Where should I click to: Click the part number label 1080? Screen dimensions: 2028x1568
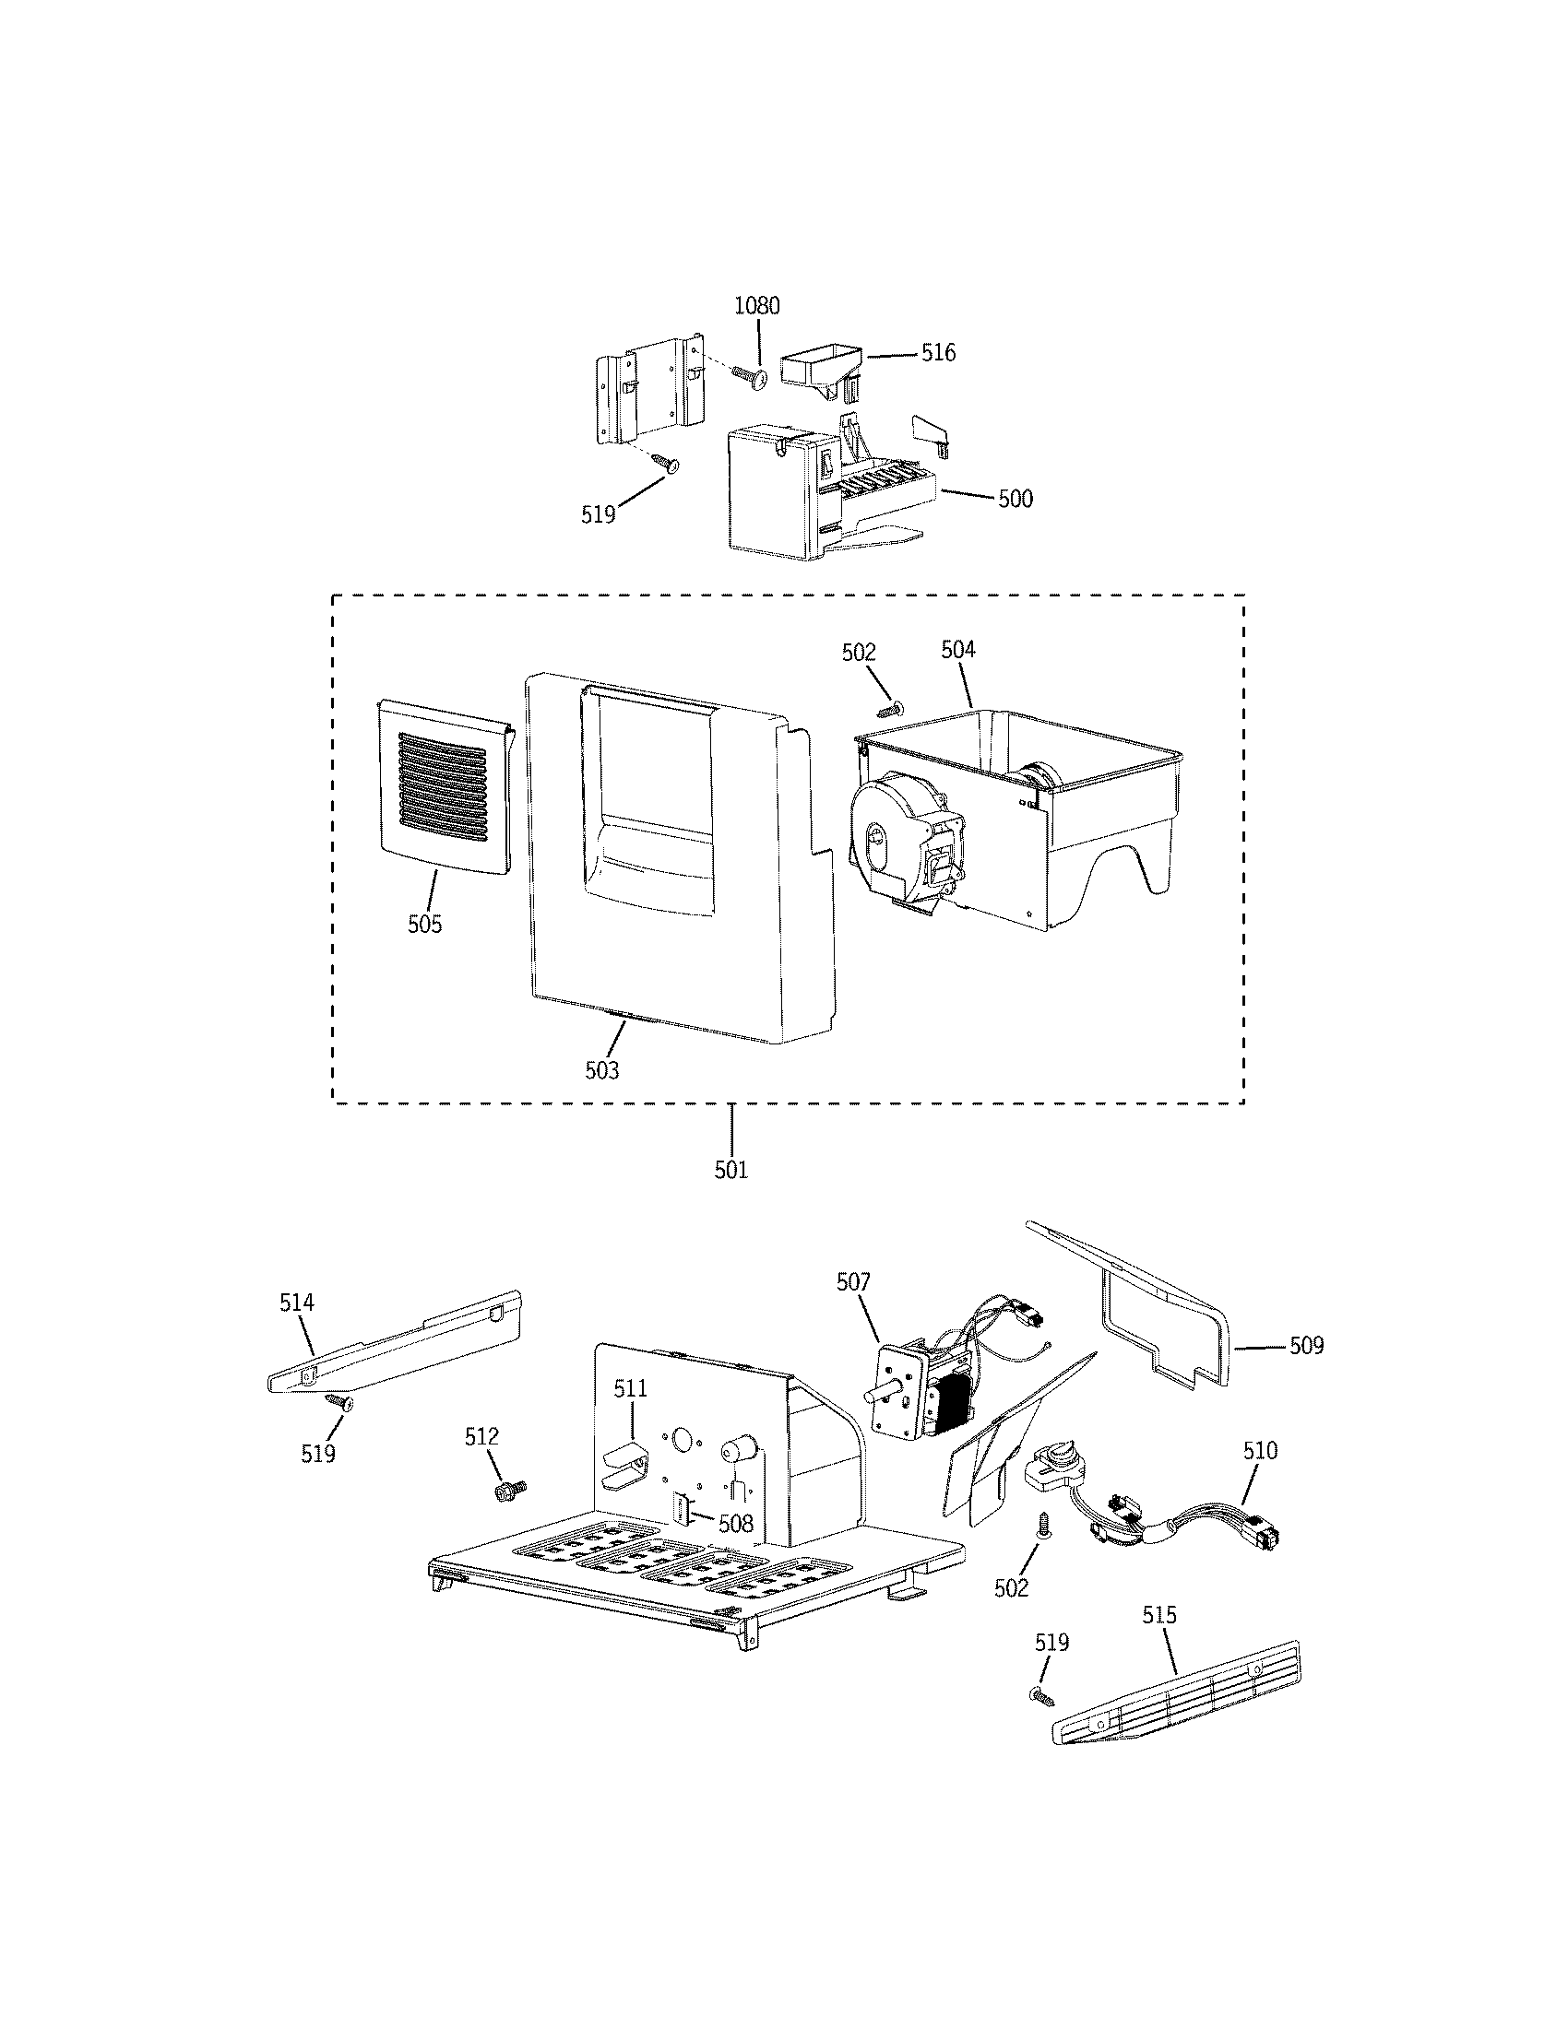757,305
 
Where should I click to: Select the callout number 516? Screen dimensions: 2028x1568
938,353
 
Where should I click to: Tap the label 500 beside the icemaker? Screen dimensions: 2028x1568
1016,499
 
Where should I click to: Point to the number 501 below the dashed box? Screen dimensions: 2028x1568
731,1170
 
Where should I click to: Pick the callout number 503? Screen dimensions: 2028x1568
601,1070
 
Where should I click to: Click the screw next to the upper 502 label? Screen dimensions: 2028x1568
890,710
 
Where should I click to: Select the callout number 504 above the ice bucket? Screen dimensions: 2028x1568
957,650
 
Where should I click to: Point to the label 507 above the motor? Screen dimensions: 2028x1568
853,1282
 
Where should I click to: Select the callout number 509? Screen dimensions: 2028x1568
1306,1346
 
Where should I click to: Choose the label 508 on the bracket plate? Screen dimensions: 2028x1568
736,1524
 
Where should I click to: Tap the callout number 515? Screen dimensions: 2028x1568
1158,1615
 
